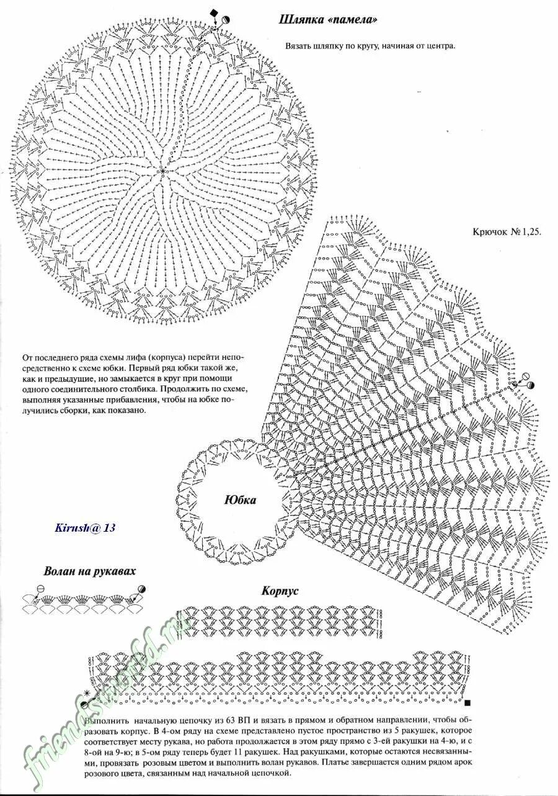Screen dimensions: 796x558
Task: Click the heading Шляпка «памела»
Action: tap(328, 20)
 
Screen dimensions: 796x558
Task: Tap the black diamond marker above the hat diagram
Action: tap(215, 13)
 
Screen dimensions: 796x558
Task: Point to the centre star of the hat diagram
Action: tap(162, 169)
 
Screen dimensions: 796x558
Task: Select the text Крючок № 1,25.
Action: tap(507, 231)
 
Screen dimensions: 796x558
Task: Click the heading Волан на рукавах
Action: tap(89, 571)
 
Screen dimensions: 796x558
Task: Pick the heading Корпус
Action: tap(280, 590)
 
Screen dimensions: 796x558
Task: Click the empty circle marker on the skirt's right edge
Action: tap(526, 376)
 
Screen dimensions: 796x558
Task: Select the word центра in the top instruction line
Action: tap(440, 46)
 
